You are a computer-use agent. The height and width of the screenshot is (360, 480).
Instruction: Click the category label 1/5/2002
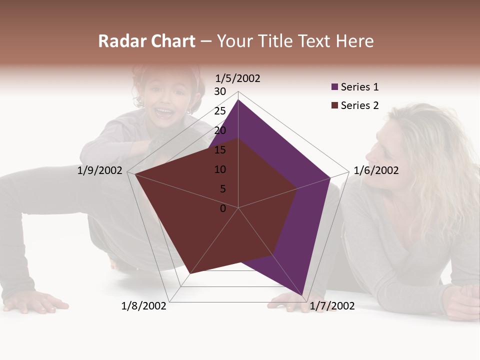pos(237,78)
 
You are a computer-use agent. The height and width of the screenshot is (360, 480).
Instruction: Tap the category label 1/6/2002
pos(376,170)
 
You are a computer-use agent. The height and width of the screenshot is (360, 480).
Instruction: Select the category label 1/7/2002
pos(332,306)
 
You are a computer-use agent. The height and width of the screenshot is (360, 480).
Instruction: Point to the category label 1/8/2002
pos(144,306)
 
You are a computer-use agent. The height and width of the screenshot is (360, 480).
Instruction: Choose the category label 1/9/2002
pos(100,170)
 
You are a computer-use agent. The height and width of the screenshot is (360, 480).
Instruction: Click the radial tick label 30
pos(220,91)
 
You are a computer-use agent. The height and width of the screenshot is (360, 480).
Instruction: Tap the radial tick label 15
pos(220,150)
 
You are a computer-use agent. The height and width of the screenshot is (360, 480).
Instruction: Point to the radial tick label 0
pos(223,208)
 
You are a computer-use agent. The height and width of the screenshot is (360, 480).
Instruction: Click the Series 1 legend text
pos(359,87)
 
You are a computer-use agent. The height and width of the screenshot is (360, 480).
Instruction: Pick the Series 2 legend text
pos(359,105)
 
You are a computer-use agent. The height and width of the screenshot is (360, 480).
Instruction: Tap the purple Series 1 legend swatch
pos(334,87)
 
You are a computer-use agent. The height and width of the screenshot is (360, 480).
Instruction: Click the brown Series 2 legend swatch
pos(334,105)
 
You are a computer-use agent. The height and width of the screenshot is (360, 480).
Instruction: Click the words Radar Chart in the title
pos(146,41)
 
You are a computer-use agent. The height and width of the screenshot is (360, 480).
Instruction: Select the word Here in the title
pos(354,41)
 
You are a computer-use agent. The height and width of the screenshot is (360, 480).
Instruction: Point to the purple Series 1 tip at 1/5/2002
pos(238,100)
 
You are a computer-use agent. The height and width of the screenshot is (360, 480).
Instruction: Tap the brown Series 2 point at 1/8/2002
pos(190,273)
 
